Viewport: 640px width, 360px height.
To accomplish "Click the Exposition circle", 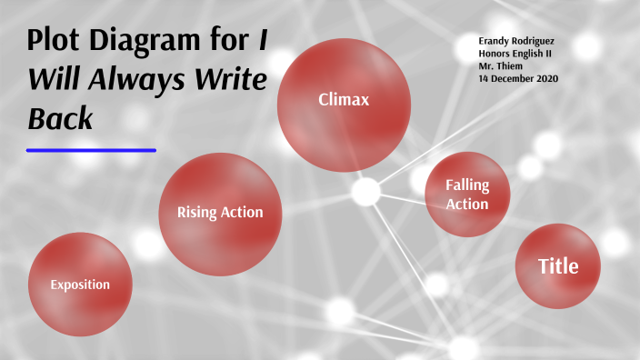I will pos(80,285).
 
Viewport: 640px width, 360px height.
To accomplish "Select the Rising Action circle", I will pos(219,214).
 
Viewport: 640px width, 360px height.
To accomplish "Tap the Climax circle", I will pos(343,100).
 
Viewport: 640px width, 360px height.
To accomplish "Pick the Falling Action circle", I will pos(466,195).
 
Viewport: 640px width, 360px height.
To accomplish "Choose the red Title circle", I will pos(558,266).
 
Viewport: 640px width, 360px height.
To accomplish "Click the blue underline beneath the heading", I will pos(91,150).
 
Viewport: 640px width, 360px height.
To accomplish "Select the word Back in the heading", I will pos(60,119).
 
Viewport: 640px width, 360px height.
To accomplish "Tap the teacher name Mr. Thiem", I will pos(501,65).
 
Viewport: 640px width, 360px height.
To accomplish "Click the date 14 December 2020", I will pos(517,78).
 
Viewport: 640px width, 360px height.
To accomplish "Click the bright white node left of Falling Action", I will pos(365,192).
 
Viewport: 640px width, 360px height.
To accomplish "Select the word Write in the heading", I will pos(229,81).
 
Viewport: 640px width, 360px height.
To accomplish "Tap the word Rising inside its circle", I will pos(197,214).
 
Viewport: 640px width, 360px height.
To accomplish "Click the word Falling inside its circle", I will pos(466,185).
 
